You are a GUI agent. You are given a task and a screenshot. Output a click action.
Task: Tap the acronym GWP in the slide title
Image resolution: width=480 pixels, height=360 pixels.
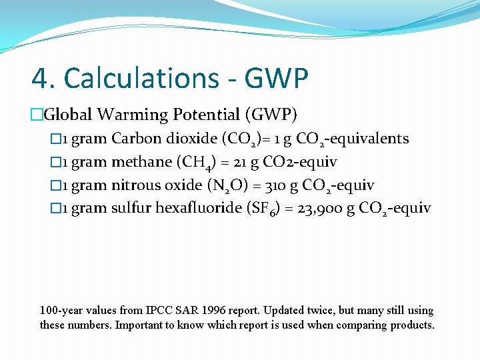coord(276,79)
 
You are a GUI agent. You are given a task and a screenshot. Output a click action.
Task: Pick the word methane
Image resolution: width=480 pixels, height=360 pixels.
coord(140,162)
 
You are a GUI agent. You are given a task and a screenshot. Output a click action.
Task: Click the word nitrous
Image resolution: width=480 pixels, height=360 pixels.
coord(136,185)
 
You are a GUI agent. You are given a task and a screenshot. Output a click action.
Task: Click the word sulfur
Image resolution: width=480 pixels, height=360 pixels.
coord(131,208)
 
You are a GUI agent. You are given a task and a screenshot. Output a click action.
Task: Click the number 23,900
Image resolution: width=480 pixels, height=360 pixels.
coord(319,208)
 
